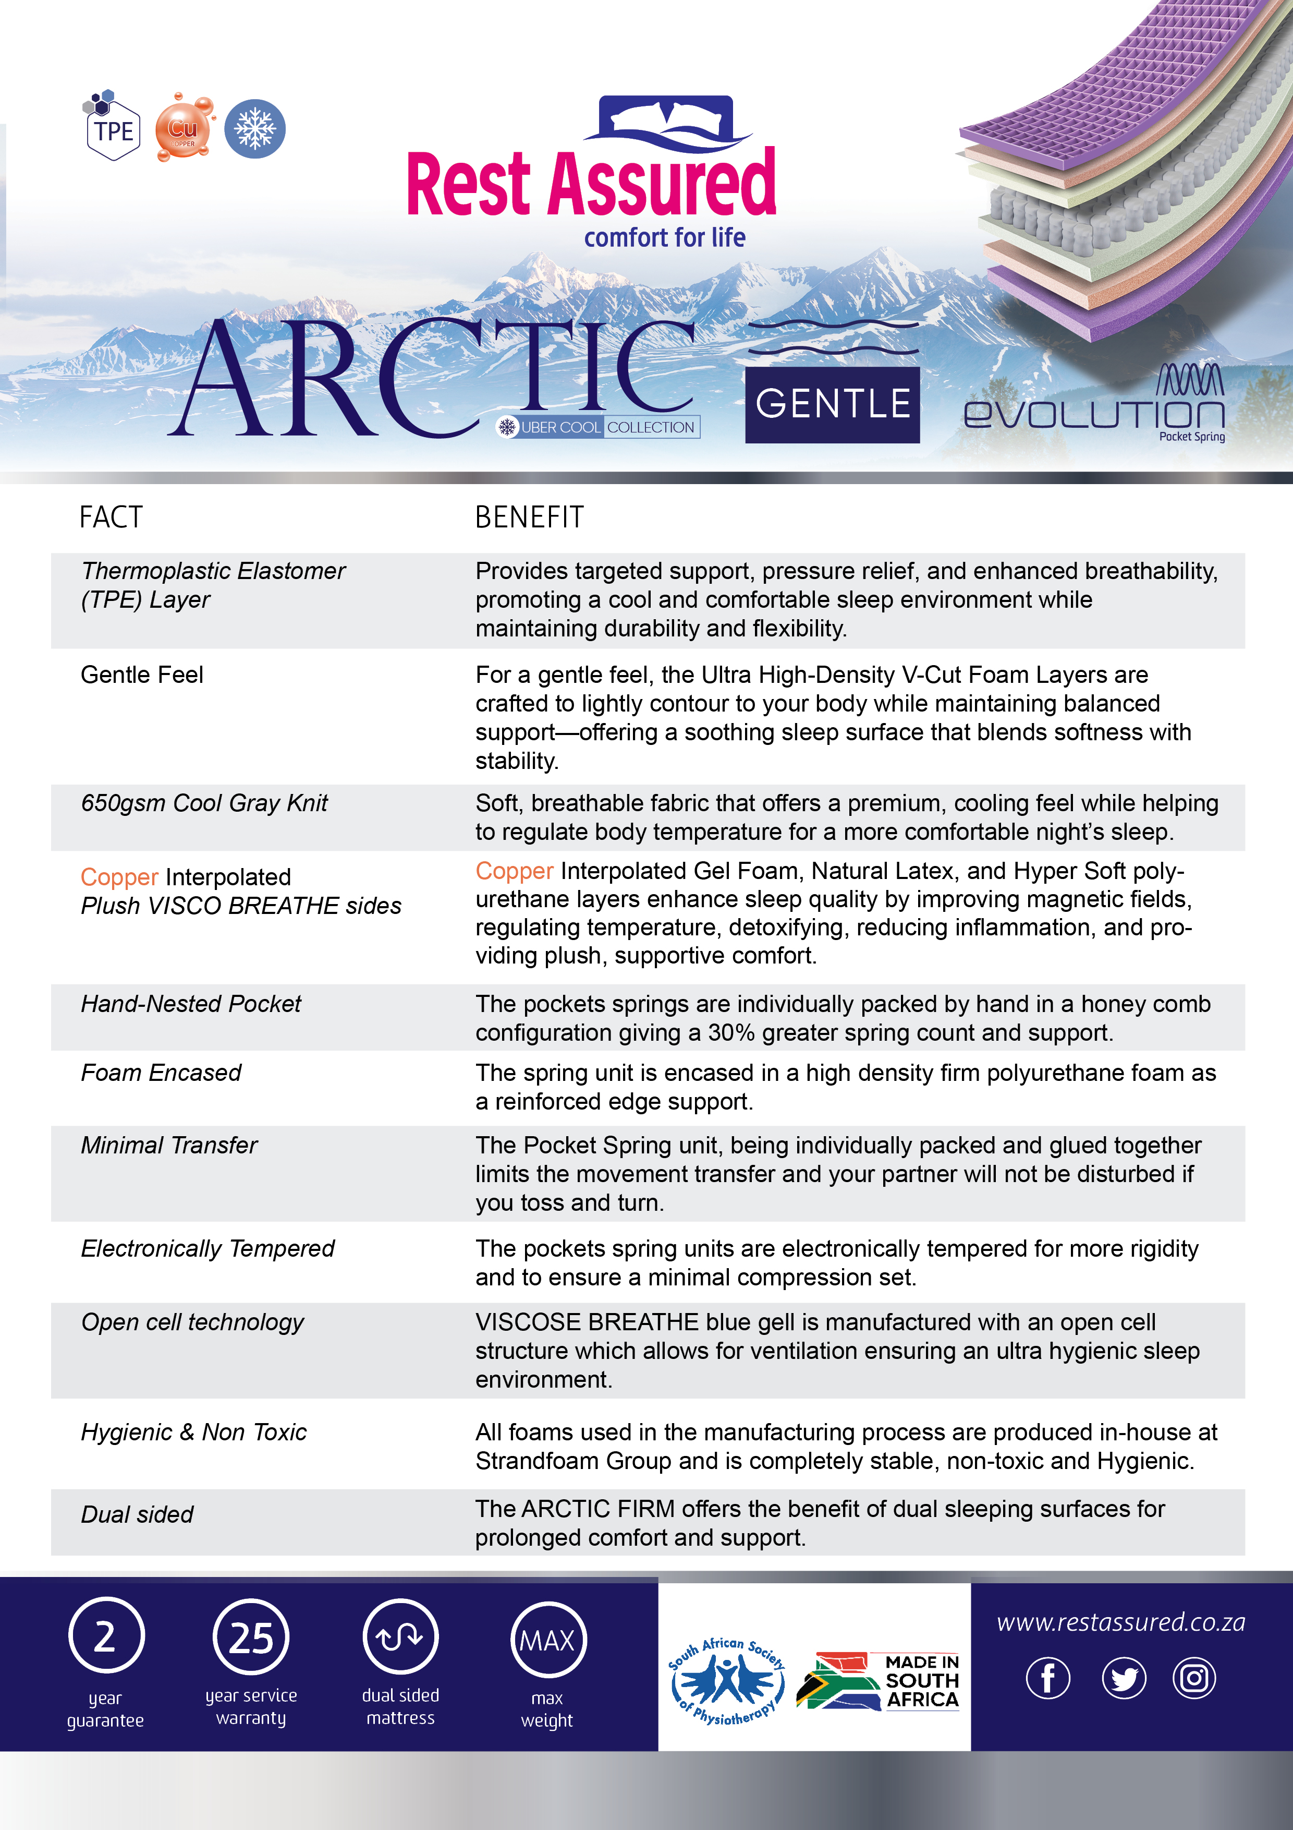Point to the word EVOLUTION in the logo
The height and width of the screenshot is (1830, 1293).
(x=1093, y=413)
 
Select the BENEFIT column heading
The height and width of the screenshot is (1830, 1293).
(x=529, y=517)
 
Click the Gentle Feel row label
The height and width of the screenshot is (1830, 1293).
(x=142, y=675)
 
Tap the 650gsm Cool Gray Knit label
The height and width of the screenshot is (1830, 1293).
(x=204, y=803)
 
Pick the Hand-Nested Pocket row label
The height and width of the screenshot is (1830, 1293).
(x=191, y=1004)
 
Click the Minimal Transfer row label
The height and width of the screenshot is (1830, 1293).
(x=169, y=1146)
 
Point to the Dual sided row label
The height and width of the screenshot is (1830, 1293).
(x=137, y=1514)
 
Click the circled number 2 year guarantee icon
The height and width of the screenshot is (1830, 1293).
(x=106, y=1637)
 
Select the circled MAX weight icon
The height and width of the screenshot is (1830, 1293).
(x=547, y=1640)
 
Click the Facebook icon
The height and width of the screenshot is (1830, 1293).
(x=1047, y=1678)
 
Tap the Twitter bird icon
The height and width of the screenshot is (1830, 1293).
(x=1124, y=1678)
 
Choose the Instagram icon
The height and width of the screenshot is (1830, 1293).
(x=1193, y=1678)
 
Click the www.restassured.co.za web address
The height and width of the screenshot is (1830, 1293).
(x=1121, y=1622)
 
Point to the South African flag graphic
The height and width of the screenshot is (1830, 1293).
(x=836, y=1680)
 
